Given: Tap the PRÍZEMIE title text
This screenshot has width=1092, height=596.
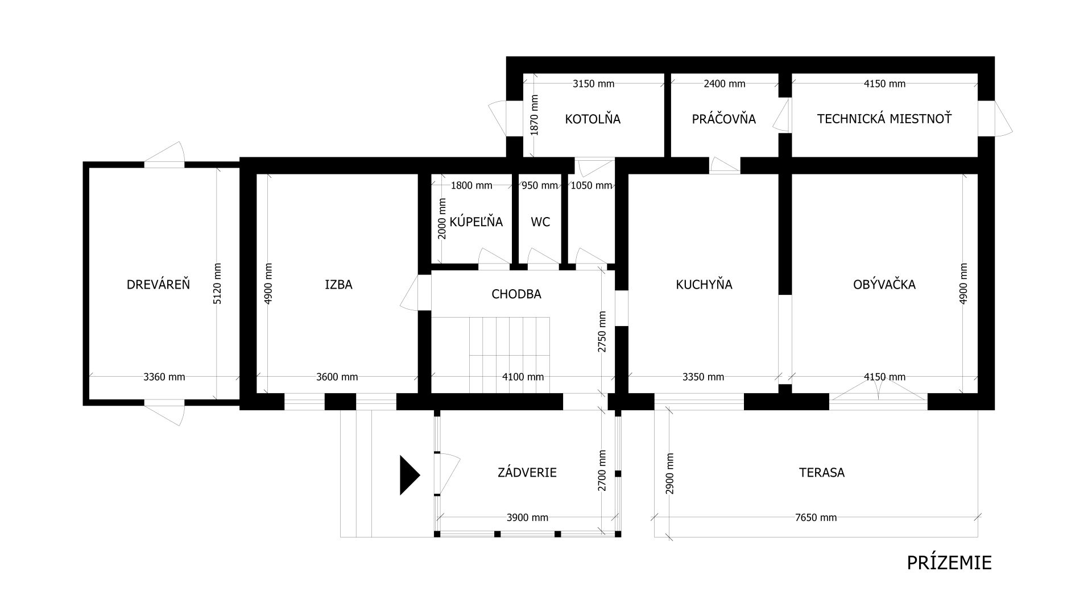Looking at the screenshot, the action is tap(949, 562).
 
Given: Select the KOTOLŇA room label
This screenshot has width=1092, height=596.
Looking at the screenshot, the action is tap(593, 119).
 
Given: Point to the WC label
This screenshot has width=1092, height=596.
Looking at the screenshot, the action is tap(540, 222).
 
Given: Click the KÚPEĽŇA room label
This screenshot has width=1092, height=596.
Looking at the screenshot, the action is tap(476, 222).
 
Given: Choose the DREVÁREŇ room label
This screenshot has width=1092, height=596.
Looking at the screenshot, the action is tap(158, 284).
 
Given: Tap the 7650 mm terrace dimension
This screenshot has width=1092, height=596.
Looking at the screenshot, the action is tap(816, 518).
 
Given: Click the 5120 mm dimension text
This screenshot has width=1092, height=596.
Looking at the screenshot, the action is tap(217, 284).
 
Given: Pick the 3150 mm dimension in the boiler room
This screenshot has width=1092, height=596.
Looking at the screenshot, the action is tap(593, 84).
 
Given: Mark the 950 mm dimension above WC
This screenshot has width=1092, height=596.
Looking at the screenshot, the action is tap(540, 185).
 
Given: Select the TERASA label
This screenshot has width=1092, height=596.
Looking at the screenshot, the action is tap(821, 472).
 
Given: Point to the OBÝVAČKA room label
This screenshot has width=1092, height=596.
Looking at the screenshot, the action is tap(884, 284).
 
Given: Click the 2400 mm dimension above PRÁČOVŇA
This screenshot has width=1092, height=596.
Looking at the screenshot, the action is tap(724, 84).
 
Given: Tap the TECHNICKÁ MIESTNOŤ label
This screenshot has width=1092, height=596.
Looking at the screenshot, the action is tap(884, 119).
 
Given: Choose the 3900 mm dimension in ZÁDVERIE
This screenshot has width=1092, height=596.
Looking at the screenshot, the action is tap(527, 518).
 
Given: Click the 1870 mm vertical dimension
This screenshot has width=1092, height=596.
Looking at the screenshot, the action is tap(533, 115).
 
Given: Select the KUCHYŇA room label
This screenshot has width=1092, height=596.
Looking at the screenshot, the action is tap(704, 284).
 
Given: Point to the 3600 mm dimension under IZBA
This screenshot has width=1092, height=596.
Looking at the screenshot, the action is tap(337, 377).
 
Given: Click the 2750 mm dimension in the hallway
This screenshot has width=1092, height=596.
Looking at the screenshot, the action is tap(602, 332).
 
